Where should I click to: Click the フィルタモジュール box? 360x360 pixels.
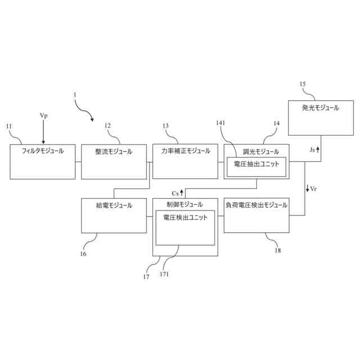(x=43, y=161)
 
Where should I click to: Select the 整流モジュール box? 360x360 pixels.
(x=114, y=161)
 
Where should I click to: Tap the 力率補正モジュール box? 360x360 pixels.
(x=185, y=161)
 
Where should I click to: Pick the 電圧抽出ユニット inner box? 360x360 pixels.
(x=256, y=166)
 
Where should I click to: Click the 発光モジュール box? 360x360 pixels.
(x=320, y=118)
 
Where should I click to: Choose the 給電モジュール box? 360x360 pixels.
(x=114, y=215)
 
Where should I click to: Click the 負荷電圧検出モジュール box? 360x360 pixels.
(x=256, y=215)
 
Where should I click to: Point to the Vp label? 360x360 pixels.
(x=43, y=115)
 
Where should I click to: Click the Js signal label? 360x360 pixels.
(x=313, y=150)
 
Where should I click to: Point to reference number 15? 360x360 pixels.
(x=303, y=84)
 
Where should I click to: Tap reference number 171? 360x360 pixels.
(x=164, y=274)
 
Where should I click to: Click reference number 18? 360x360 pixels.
(x=277, y=250)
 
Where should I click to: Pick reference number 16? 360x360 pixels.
(x=83, y=253)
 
